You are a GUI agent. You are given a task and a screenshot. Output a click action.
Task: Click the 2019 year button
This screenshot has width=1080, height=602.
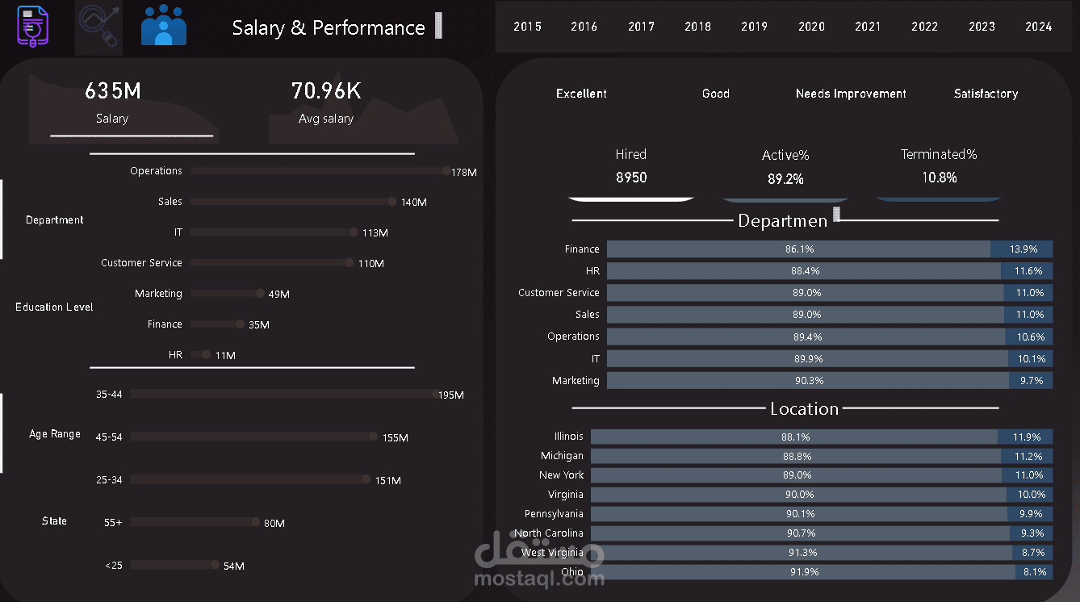[x=754, y=27]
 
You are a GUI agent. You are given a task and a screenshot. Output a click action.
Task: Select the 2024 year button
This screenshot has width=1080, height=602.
[x=1038, y=27]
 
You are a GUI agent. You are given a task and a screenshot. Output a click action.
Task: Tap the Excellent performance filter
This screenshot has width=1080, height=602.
[x=581, y=94]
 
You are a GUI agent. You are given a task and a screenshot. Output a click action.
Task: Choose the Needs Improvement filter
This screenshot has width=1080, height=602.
[x=851, y=94]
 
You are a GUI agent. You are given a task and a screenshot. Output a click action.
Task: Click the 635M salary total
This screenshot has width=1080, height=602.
[x=113, y=91]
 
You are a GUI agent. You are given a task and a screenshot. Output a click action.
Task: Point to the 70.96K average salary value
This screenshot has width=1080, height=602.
[x=326, y=91]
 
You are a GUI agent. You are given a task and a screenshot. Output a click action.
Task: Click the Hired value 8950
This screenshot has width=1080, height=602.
[x=631, y=178]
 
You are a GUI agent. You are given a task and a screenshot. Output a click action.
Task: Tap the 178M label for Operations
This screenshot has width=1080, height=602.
[x=464, y=173]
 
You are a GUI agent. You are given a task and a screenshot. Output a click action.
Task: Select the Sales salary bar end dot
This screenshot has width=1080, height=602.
[x=392, y=202]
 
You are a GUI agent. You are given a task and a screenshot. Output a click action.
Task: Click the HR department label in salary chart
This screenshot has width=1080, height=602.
[x=175, y=355]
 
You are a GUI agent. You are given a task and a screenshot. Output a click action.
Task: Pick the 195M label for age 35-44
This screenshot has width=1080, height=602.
[x=451, y=395]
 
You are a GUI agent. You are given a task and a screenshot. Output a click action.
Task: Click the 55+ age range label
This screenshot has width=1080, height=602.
[x=113, y=523]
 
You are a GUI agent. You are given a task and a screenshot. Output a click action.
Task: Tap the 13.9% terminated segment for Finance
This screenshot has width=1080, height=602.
[x=1021, y=249]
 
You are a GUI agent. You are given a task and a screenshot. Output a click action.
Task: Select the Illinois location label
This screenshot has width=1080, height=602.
[x=568, y=437]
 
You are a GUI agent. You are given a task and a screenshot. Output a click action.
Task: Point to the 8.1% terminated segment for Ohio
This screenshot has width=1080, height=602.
[x=1034, y=572]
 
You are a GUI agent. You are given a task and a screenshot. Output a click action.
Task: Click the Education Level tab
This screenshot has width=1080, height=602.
[x=54, y=307]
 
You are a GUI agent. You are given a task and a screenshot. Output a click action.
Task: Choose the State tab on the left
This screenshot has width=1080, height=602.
[x=54, y=521]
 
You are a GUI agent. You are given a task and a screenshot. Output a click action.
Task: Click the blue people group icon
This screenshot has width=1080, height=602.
[x=164, y=26]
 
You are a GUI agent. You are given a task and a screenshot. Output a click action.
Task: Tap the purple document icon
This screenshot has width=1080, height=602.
[x=33, y=27]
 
